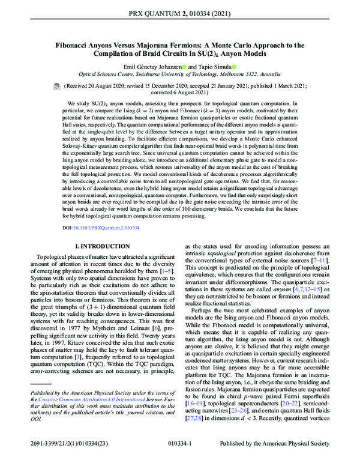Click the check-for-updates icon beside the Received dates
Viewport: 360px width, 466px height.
click(56, 86)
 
